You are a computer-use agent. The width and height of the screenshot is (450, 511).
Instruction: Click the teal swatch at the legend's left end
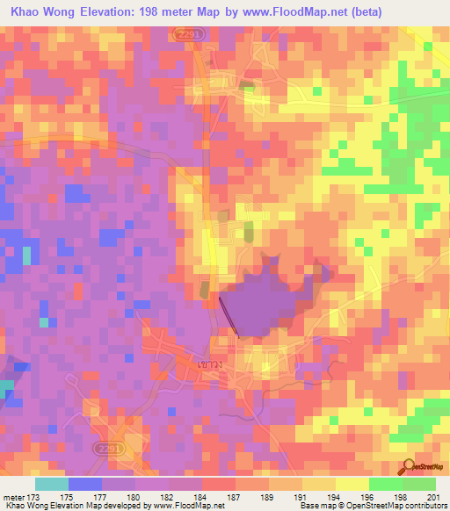(51, 484)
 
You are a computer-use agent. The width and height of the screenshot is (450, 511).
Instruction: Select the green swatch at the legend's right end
(419, 484)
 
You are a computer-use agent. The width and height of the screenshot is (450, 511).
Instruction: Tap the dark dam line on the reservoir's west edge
(229, 314)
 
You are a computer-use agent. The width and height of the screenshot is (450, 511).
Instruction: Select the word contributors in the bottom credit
(424, 507)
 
